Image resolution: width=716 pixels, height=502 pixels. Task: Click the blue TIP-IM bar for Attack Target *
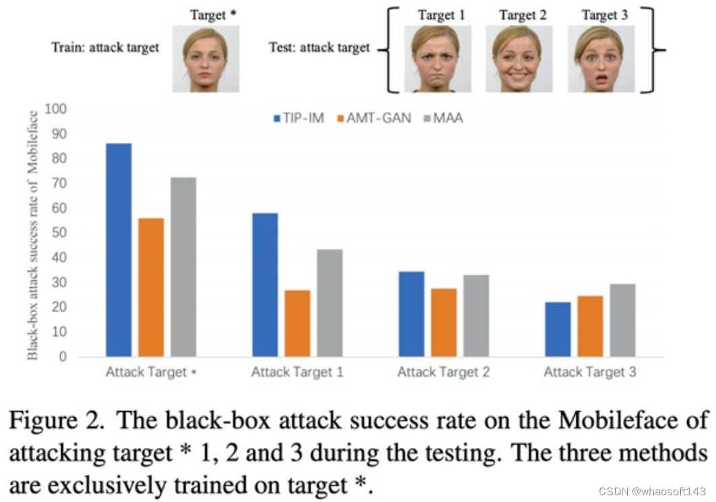(119, 250)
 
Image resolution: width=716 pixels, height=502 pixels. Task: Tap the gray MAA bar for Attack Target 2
(476, 315)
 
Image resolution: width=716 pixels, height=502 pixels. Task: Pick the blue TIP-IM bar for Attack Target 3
(558, 329)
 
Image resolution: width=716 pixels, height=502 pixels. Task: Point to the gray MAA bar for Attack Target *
(183, 267)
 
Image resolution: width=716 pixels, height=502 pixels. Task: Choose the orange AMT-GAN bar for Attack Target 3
(590, 326)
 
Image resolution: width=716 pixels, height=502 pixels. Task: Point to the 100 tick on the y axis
(56, 109)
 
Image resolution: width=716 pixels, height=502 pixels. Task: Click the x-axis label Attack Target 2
(443, 372)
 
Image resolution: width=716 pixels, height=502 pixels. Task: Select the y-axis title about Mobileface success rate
(33, 233)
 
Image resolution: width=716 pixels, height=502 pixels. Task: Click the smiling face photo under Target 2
(519, 59)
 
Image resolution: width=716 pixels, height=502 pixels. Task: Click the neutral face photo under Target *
(205, 59)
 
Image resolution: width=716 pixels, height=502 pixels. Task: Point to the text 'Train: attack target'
(106, 48)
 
